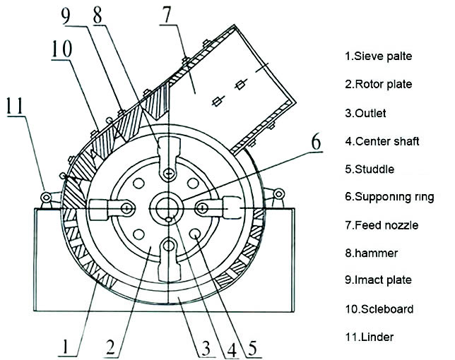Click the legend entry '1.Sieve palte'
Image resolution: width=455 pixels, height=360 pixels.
pos(378,56)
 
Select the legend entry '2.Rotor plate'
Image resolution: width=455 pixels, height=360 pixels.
pos(378,84)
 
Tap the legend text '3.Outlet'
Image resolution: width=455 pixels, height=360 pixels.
pos(366,112)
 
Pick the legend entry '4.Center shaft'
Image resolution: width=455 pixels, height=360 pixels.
pos(382,140)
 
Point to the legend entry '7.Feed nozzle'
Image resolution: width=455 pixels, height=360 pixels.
pos(382,225)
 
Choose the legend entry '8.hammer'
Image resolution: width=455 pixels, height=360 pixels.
pos(372,252)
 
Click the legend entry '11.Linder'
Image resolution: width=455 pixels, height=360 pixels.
pos(369,336)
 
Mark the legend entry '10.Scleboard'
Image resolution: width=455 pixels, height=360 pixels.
pos(378,308)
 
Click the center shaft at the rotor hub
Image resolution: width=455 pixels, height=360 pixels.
pos(168,207)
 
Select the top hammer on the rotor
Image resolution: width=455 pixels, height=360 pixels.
pos(168,157)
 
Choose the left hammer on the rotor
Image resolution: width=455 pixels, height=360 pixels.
pos(111,208)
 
